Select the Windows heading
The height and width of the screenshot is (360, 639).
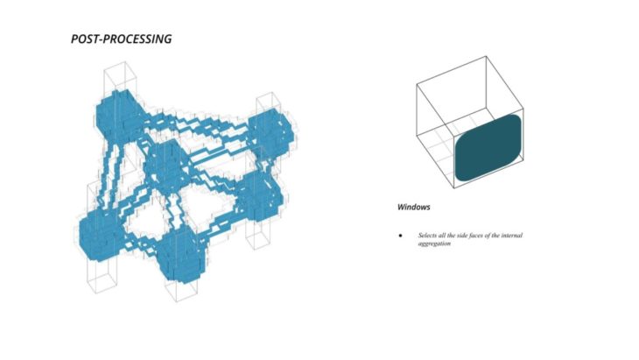click(415, 208)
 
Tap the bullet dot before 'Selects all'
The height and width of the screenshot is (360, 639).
click(400, 236)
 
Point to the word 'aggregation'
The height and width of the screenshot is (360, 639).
click(434, 244)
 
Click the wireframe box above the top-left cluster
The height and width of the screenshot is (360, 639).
click(118, 77)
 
